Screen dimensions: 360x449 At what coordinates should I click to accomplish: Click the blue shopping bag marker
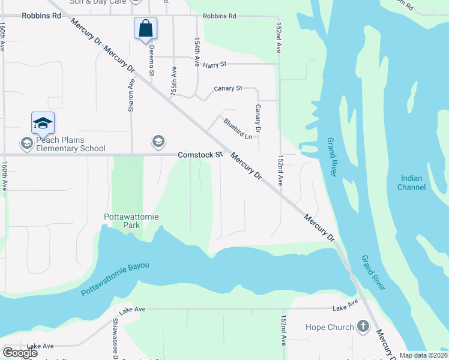point(145,28)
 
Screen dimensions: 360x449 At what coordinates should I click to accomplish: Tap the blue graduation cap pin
point(43,123)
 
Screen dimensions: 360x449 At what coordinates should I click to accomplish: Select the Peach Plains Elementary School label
point(70,144)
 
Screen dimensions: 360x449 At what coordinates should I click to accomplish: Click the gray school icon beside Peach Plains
point(26,143)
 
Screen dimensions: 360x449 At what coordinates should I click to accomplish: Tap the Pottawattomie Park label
point(130,220)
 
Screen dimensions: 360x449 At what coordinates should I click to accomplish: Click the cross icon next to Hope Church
point(363,327)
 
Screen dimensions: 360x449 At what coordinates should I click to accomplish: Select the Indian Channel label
point(411,183)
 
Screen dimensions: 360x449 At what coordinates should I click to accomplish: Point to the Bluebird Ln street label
point(238,128)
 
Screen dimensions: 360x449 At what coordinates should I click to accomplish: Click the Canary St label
point(228,88)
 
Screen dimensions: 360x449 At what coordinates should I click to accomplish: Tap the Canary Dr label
point(258,119)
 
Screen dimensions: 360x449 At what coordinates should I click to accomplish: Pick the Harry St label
point(214,64)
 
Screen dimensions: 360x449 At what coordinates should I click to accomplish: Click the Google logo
point(20,353)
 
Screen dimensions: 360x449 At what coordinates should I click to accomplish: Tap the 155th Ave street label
point(173,82)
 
